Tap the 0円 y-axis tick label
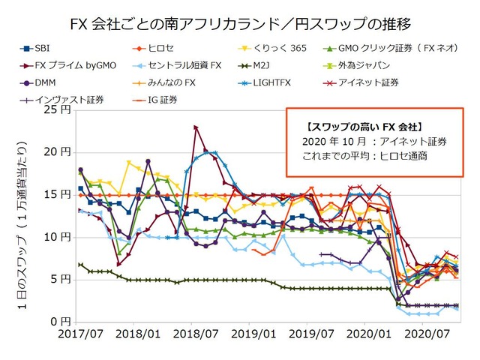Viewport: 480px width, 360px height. tap(63, 322)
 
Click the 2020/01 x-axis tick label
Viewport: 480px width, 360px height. tap(362, 333)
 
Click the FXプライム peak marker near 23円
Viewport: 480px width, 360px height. tap(196, 128)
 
